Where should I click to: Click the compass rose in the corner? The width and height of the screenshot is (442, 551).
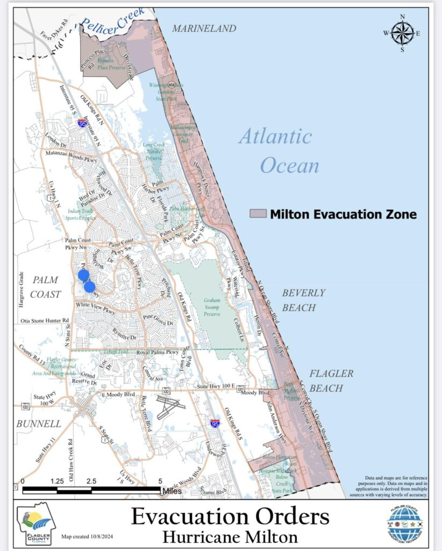402,33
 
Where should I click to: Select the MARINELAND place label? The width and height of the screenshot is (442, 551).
204,29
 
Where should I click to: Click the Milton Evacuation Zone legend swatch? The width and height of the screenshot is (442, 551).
258,214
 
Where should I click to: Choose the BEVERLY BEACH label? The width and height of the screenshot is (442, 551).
304,300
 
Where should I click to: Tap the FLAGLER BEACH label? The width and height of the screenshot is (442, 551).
331,380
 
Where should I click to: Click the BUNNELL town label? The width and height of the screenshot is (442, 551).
39,424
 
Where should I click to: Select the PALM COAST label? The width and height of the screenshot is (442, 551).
46,287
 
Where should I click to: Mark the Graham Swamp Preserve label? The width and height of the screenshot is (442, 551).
212,307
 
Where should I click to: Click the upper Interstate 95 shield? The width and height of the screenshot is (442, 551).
82,123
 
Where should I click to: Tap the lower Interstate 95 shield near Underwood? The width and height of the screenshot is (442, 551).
215,423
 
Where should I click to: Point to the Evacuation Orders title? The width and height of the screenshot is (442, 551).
230,517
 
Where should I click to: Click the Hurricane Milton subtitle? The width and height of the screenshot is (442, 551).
230,536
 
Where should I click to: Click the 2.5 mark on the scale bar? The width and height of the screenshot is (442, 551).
91,481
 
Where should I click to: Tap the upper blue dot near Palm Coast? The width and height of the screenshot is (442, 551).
83,275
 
